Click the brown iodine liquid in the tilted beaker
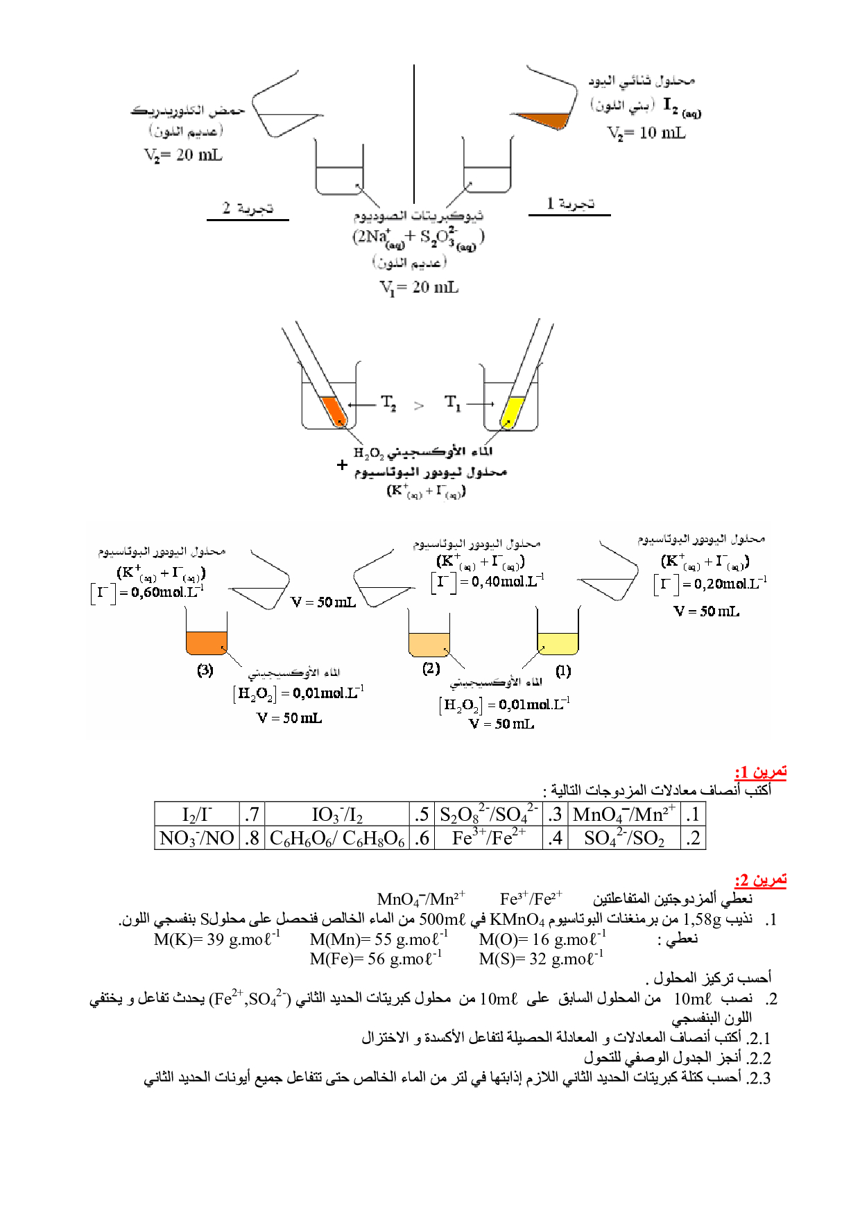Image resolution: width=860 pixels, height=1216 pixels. [x=544, y=119]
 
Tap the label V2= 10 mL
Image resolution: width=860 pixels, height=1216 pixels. [x=646, y=133]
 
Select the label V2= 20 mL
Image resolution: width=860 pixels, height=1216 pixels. [x=183, y=155]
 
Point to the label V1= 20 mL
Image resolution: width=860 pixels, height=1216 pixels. [x=419, y=287]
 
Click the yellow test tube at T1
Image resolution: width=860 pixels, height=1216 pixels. [x=512, y=412]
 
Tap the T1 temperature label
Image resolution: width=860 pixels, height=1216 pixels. [x=452, y=403]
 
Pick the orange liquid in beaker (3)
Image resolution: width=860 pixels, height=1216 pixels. [x=206, y=643]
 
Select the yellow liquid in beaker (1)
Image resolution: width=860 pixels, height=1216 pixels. [x=558, y=643]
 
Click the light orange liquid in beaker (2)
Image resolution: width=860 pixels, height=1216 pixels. [x=429, y=644]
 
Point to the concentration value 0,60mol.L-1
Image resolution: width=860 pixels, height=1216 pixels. [x=166, y=593]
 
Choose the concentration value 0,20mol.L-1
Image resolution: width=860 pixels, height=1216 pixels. [x=725, y=584]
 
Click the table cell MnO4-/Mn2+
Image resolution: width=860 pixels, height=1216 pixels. [x=623, y=814]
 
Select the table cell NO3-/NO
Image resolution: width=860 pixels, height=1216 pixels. [x=197, y=838]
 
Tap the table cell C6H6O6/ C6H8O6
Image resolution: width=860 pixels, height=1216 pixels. [x=337, y=838]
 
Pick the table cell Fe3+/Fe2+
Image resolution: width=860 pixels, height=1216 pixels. [x=488, y=838]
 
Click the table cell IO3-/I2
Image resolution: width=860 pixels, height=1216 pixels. [x=337, y=814]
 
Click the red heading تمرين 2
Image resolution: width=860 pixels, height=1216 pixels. [x=760, y=880]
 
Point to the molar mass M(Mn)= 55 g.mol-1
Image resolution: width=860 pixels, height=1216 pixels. [x=379, y=939]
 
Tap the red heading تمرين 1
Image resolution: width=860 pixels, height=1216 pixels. [x=760, y=772]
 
